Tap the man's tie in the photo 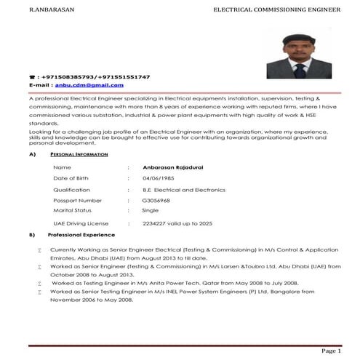point(299,70)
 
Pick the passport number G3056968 point(156,200)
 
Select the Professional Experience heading point(81,235)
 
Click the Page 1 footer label point(329,350)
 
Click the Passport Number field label point(78,200)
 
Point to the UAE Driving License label point(81,224)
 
